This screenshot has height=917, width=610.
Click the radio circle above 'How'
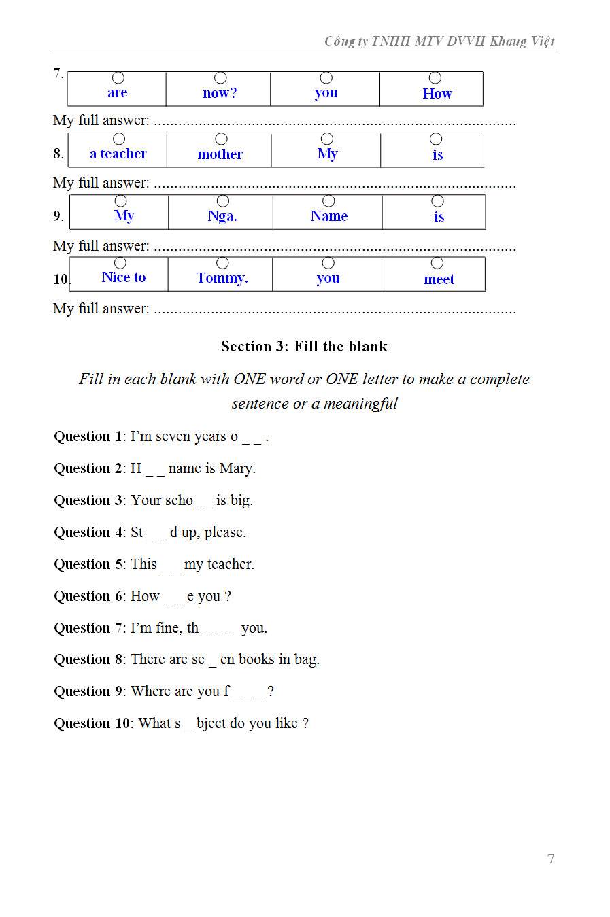point(435,78)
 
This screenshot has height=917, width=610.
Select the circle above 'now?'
point(220,78)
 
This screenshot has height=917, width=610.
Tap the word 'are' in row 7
point(117,93)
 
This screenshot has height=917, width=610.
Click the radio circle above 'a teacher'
point(119,139)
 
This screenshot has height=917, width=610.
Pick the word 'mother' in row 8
point(220,155)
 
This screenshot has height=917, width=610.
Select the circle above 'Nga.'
point(222,201)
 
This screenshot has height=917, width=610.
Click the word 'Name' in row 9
point(329,216)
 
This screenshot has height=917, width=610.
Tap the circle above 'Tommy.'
point(222,263)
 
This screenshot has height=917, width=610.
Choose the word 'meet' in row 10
point(439,279)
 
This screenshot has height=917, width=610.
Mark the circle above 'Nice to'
point(120,263)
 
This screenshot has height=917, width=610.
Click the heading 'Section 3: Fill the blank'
point(304,347)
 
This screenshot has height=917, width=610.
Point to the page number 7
point(551,859)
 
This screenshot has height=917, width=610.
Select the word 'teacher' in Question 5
point(229,564)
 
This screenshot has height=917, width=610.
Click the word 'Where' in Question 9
point(150,691)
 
